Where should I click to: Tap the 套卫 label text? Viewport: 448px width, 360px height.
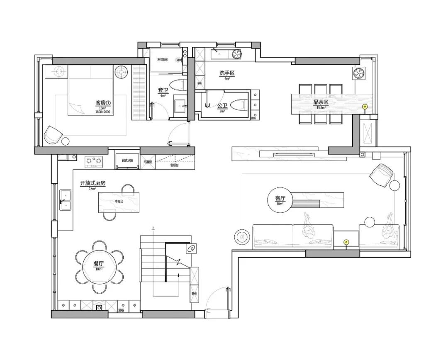point(163,90)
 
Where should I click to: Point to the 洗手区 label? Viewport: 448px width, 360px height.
point(227,73)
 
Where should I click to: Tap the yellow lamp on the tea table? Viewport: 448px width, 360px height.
point(365,107)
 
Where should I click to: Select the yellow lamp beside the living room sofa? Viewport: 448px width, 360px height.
point(346,242)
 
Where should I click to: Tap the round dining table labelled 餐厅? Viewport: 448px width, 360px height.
point(99,266)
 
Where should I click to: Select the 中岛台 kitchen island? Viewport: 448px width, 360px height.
point(119,202)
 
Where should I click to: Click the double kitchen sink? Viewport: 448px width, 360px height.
point(65,199)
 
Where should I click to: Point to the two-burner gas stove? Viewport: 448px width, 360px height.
point(93,161)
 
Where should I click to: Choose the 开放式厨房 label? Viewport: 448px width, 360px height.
point(93,183)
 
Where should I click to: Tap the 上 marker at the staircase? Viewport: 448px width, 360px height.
point(153,229)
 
